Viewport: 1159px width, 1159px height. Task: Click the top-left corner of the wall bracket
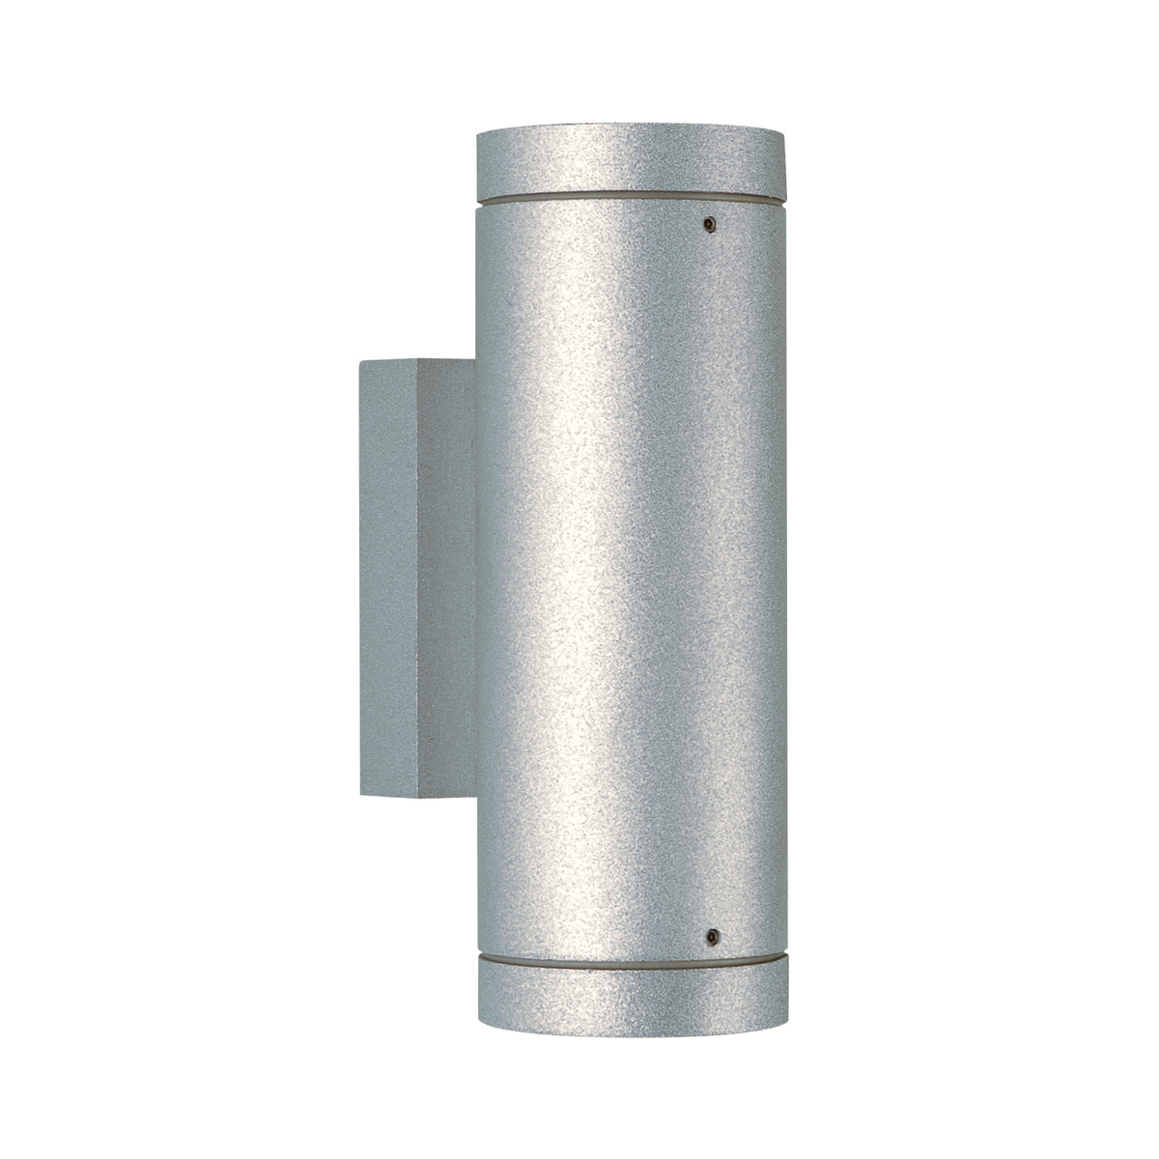click(x=359, y=363)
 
